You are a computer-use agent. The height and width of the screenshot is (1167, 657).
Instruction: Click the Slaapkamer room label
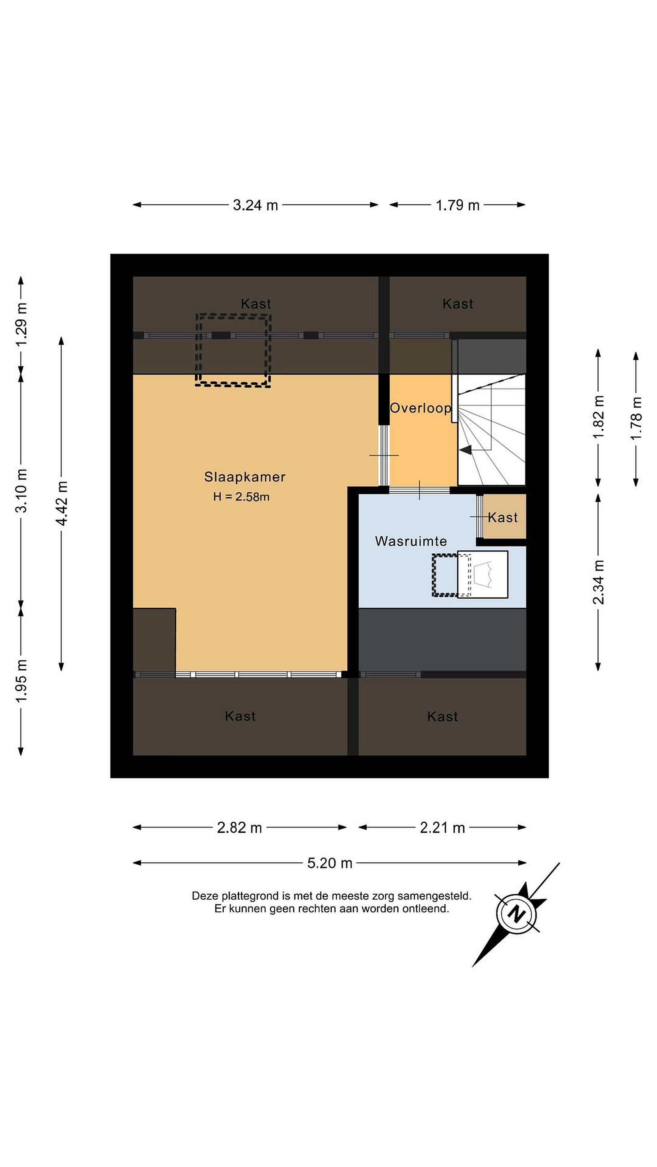(245, 477)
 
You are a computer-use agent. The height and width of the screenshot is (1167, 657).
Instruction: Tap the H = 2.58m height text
(241, 496)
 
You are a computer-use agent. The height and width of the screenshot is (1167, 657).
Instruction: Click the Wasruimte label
(411, 541)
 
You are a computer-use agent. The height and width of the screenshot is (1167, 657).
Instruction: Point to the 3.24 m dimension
(255, 205)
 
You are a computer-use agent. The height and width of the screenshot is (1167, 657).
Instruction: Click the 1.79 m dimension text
(457, 205)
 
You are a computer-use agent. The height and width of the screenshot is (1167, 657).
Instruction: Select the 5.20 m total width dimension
(330, 863)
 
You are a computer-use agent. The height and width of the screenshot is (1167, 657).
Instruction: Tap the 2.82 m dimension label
(239, 828)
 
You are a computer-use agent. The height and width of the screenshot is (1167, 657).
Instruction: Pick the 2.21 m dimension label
(442, 828)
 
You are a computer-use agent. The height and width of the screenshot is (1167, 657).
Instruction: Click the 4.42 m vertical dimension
(61, 504)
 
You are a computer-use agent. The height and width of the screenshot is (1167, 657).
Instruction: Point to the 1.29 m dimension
(21, 324)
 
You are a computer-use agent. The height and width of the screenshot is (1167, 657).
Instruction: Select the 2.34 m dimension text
(599, 582)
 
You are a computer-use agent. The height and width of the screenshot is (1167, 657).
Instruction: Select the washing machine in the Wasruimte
(483, 575)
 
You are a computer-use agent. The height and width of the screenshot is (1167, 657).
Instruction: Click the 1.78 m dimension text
(636, 418)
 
